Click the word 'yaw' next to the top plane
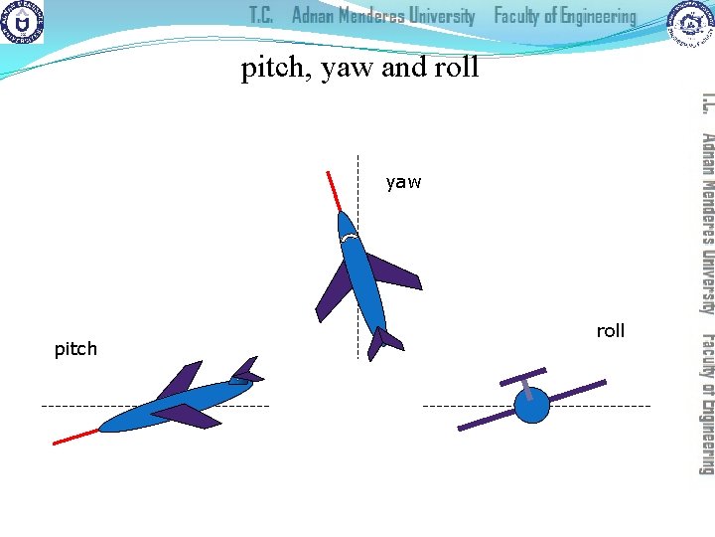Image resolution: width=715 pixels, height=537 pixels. coord(403,182)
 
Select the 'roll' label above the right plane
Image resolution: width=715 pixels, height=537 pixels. coord(610,331)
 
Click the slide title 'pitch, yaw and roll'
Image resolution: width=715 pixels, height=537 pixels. coord(359,68)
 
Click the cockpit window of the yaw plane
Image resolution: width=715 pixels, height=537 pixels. coord(349,238)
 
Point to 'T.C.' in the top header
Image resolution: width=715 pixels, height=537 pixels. coord(262,16)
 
